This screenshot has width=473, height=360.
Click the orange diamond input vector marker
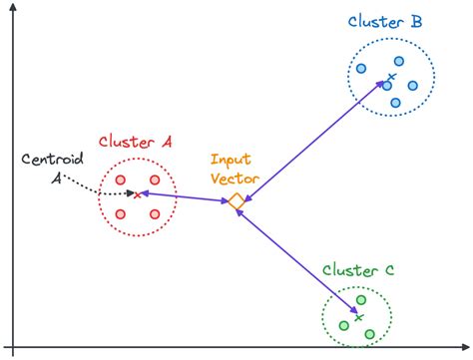point(236,202)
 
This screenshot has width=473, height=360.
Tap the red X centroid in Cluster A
point(137,195)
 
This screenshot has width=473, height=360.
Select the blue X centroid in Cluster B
point(391,78)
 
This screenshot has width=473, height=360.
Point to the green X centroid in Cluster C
point(357,317)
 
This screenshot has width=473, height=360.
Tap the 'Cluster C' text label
point(358,270)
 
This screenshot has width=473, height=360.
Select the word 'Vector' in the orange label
point(236,178)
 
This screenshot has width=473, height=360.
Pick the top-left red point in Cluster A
point(120,180)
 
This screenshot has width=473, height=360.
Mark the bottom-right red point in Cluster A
point(155,213)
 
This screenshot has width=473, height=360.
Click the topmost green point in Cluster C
point(362,299)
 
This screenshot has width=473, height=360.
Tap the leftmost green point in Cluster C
point(344,325)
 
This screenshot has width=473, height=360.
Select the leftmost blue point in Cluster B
point(361,70)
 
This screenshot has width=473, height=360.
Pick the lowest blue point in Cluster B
point(395,103)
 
